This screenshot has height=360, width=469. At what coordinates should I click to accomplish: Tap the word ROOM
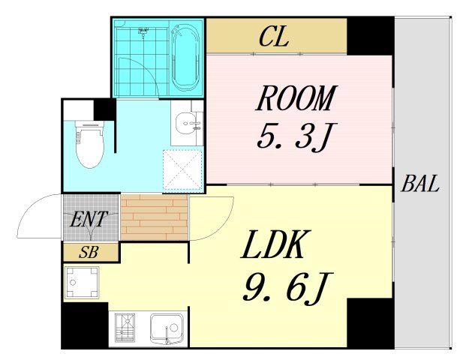click(296, 98)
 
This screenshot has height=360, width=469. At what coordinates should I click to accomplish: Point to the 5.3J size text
click(296, 136)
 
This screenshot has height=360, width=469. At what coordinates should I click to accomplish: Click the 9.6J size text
click(287, 287)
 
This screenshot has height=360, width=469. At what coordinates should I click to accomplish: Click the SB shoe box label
click(89, 253)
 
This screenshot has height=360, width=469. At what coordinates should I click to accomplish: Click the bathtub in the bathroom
click(185, 58)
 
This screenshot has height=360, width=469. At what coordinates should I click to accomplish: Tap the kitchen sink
click(167, 328)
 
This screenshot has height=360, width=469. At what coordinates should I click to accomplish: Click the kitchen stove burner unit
click(125, 328)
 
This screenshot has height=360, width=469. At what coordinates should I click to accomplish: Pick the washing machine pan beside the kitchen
click(82, 282)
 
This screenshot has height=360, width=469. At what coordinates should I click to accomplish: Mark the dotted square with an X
click(183, 169)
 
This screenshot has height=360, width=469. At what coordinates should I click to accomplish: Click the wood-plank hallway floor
click(154, 217)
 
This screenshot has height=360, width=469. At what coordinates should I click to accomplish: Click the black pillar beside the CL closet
click(370, 36)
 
